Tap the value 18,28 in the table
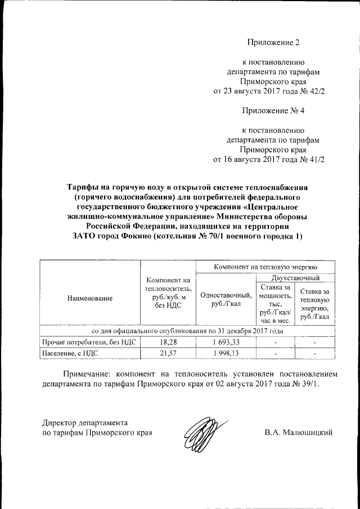point(166,342)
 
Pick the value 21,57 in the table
point(166,353)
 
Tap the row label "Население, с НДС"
point(70,353)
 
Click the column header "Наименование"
point(89,298)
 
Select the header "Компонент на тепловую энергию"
point(265,267)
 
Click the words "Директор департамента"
point(85,422)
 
